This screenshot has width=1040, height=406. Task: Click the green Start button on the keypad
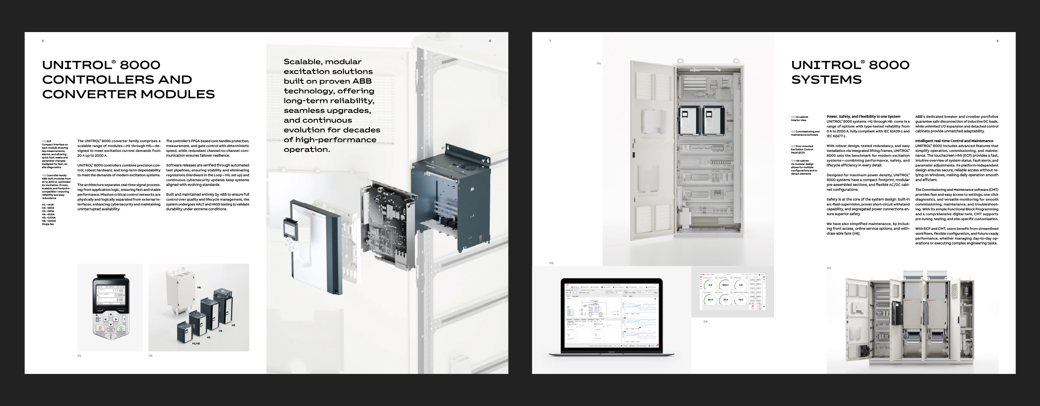121,328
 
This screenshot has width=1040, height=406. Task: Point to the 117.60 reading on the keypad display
118,291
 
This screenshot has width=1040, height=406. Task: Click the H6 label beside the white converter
199,287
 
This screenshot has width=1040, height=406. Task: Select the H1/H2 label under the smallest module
196,343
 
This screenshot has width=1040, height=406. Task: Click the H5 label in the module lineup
234,325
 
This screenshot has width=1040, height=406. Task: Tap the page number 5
43,41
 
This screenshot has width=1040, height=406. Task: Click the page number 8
997,41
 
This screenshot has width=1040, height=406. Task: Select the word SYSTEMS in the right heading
826,80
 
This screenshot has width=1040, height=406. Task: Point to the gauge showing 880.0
725,285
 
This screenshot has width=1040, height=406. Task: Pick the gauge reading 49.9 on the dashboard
710,300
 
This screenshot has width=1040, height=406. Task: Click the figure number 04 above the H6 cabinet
829,268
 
